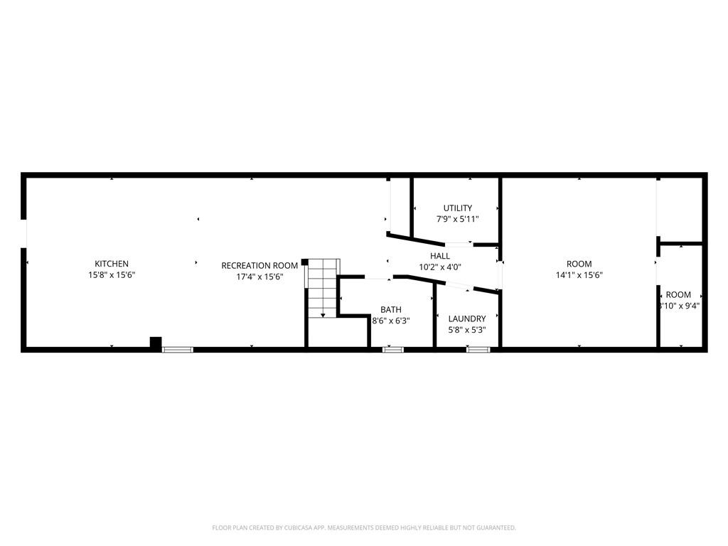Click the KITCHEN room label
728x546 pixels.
[112, 264]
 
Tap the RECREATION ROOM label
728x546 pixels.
[259, 266]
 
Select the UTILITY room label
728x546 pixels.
[457, 208]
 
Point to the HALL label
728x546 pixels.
[440, 256]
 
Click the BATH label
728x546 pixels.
[390, 309]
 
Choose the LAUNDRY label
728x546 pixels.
[467, 318]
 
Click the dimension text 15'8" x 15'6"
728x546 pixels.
[112, 274]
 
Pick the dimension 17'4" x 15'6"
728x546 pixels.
[259, 277]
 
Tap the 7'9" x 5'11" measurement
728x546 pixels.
[457, 219]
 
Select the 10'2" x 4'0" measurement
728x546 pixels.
[440, 267]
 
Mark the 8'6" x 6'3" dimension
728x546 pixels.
[391, 321]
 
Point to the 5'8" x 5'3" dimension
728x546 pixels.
[467, 330]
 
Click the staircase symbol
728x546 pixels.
[322, 289]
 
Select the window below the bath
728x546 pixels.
[393, 349]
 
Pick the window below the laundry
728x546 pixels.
[478, 349]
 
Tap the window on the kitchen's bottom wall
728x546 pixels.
[178, 349]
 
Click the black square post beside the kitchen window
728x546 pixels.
[156, 343]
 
